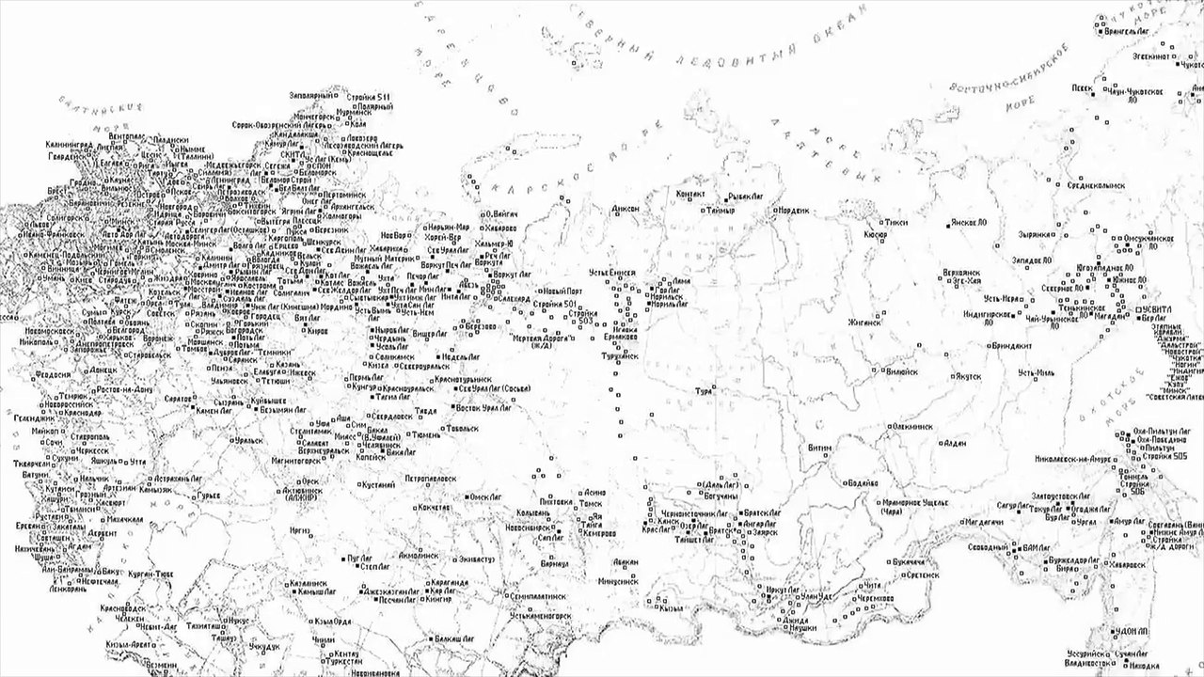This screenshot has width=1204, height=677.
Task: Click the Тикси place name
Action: [896, 223]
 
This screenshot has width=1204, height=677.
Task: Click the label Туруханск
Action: [619, 356]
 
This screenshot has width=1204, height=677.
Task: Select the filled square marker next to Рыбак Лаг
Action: [726, 197]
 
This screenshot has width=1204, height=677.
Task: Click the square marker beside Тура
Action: [714, 387]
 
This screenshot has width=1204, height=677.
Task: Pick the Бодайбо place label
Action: [863, 483]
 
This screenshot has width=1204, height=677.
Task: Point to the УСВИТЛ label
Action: [1159, 308]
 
